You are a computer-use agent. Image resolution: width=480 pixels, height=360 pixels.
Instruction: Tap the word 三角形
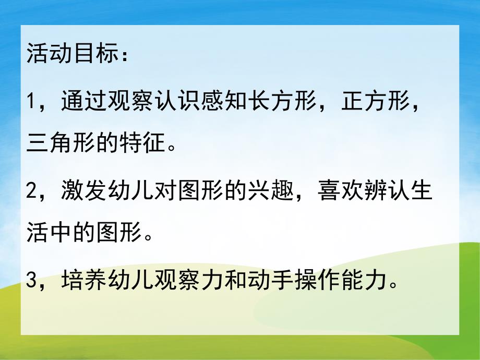[x=61, y=140]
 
